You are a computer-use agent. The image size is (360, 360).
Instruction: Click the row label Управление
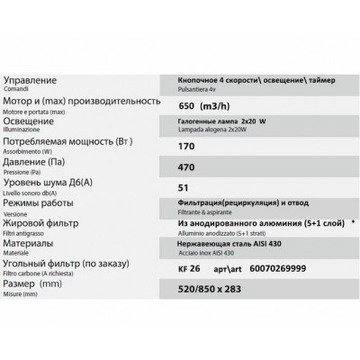pos(36,80)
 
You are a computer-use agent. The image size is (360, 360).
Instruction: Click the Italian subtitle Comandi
pos(18,90)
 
